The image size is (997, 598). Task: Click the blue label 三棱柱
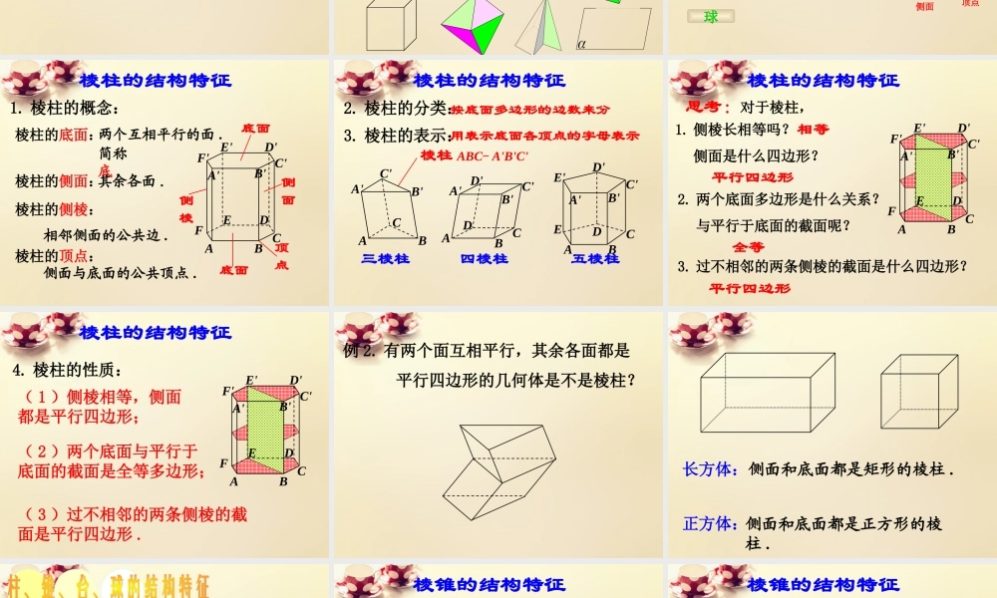(x=384, y=258)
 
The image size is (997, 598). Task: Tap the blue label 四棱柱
(x=484, y=258)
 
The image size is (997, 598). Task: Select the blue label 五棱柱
(x=595, y=258)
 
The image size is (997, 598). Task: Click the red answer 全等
(x=748, y=246)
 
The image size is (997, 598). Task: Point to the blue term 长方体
(x=709, y=468)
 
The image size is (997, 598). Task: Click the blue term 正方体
(x=709, y=523)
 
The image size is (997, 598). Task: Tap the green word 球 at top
(x=711, y=16)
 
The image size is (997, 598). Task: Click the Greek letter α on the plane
(x=581, y=44)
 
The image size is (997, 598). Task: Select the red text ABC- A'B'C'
(x=493, y=155)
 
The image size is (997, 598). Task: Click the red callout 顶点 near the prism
(x=281, y=256)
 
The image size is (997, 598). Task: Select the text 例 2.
(x=357, y=351)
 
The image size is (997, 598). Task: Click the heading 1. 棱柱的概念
(x=65, y=109)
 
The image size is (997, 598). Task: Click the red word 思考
(x=709, y=107)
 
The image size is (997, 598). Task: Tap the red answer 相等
(x=814, y=130)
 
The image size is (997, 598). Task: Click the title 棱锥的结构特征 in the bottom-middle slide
(x=489, y=584)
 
